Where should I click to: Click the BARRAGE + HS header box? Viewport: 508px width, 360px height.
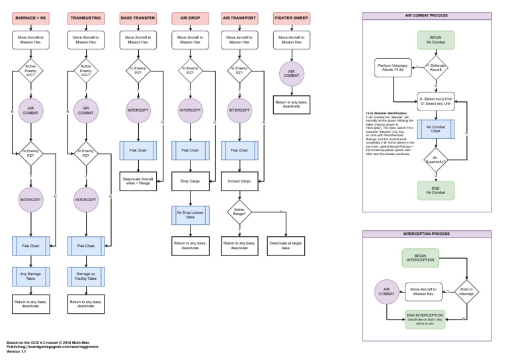(30, 17)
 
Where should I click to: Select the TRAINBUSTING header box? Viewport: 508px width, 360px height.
(85, 17)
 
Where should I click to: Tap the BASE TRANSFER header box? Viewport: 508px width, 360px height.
(138, 17)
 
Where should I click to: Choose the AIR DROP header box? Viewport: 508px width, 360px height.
(190, 17)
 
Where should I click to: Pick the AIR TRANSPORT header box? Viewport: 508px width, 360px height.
(241, 17)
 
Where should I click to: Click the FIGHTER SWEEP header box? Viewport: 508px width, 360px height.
(292, 17)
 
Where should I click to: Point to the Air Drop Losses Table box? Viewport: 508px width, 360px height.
(190, 214)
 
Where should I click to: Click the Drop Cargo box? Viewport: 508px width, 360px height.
(190, 180)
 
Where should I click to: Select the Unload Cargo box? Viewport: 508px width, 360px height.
(241, 180)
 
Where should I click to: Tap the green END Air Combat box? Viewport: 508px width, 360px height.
(435, 190)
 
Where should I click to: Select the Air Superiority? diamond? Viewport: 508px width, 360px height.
(435, 159)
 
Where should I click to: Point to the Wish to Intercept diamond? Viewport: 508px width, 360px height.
(466, 290)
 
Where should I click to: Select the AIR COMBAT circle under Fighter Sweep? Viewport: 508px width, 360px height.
(292, 74)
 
